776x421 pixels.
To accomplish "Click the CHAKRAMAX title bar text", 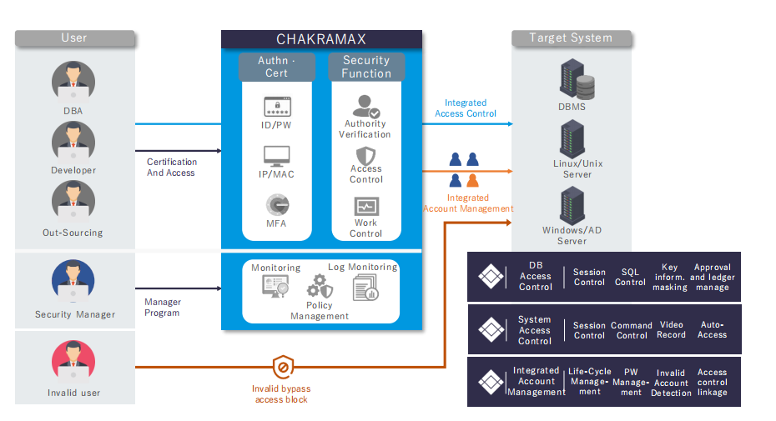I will click(x=321, y=39).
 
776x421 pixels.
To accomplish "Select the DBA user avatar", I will click(x=73, y=82).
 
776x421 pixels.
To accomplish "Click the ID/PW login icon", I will click(x=276, y=107).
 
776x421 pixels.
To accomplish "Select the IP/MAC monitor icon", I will click(x=276, y=157).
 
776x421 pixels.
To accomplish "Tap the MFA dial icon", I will click(x=277, y=205).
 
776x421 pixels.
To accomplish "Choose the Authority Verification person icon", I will click(x=365, y=107).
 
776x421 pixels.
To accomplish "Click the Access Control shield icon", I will click(x=365, y=156).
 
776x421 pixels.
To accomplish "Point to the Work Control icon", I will click(x=366, y=206).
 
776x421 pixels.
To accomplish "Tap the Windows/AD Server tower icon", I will click(x=572, y=205).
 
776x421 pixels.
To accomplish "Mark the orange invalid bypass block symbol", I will click(x=282, y=367).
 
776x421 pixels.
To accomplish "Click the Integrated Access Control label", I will click(x=465, y=108).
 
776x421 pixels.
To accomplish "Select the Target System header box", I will click(x=571, y=38).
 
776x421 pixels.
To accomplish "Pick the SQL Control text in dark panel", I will click(x=630, y=277).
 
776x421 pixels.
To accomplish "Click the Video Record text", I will click(x=671, y=330).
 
